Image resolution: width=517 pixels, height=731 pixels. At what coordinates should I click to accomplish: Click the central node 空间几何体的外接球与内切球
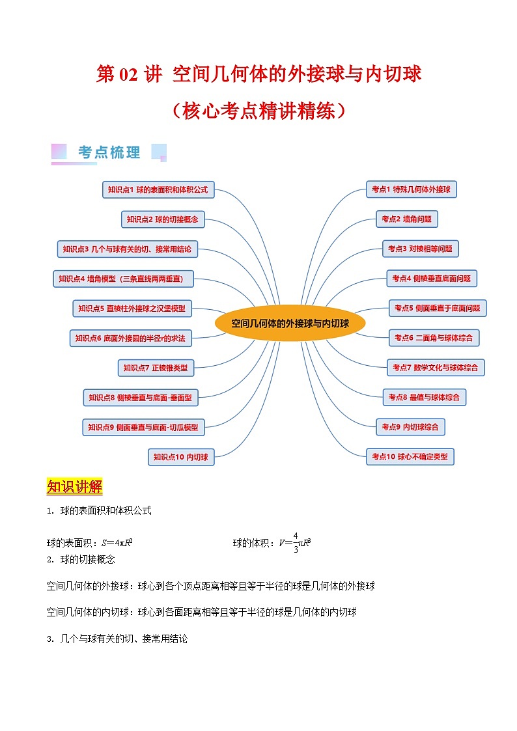(x=290, y=324)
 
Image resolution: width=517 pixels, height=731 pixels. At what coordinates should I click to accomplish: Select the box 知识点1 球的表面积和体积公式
(x=158, y=190)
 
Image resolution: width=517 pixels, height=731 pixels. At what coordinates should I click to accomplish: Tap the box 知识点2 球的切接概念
(x=163, y=219)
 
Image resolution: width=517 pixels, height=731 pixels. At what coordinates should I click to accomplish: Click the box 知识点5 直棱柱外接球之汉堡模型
(x=132, y=309)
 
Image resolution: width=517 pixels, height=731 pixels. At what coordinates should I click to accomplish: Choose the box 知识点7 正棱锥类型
(x=156, y=368)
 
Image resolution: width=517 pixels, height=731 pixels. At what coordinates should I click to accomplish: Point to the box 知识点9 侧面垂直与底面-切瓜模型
(x=143, y=428)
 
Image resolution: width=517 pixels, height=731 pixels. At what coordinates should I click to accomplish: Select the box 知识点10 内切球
(x=180, y=458)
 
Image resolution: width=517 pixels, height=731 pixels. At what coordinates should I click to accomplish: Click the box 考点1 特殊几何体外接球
(x=411, y=189)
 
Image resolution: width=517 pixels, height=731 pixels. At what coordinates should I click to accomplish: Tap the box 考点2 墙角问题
(x=406, y=219)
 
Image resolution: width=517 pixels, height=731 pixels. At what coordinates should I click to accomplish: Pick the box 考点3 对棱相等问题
(x=420, y=249)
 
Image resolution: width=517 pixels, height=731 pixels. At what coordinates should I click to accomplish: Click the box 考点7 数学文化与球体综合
(x=435, y=368)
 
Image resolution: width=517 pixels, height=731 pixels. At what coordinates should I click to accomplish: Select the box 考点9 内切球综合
(x=410, y=427)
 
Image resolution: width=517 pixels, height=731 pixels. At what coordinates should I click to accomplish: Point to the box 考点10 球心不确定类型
(x=410, y=457)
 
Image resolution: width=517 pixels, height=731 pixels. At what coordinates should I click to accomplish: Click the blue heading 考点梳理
(x=109, y=153)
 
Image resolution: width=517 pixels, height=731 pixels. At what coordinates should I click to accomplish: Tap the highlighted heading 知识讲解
(x=75, y=487)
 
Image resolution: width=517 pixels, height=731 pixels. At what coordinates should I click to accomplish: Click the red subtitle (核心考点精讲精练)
(x=258, y=111)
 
